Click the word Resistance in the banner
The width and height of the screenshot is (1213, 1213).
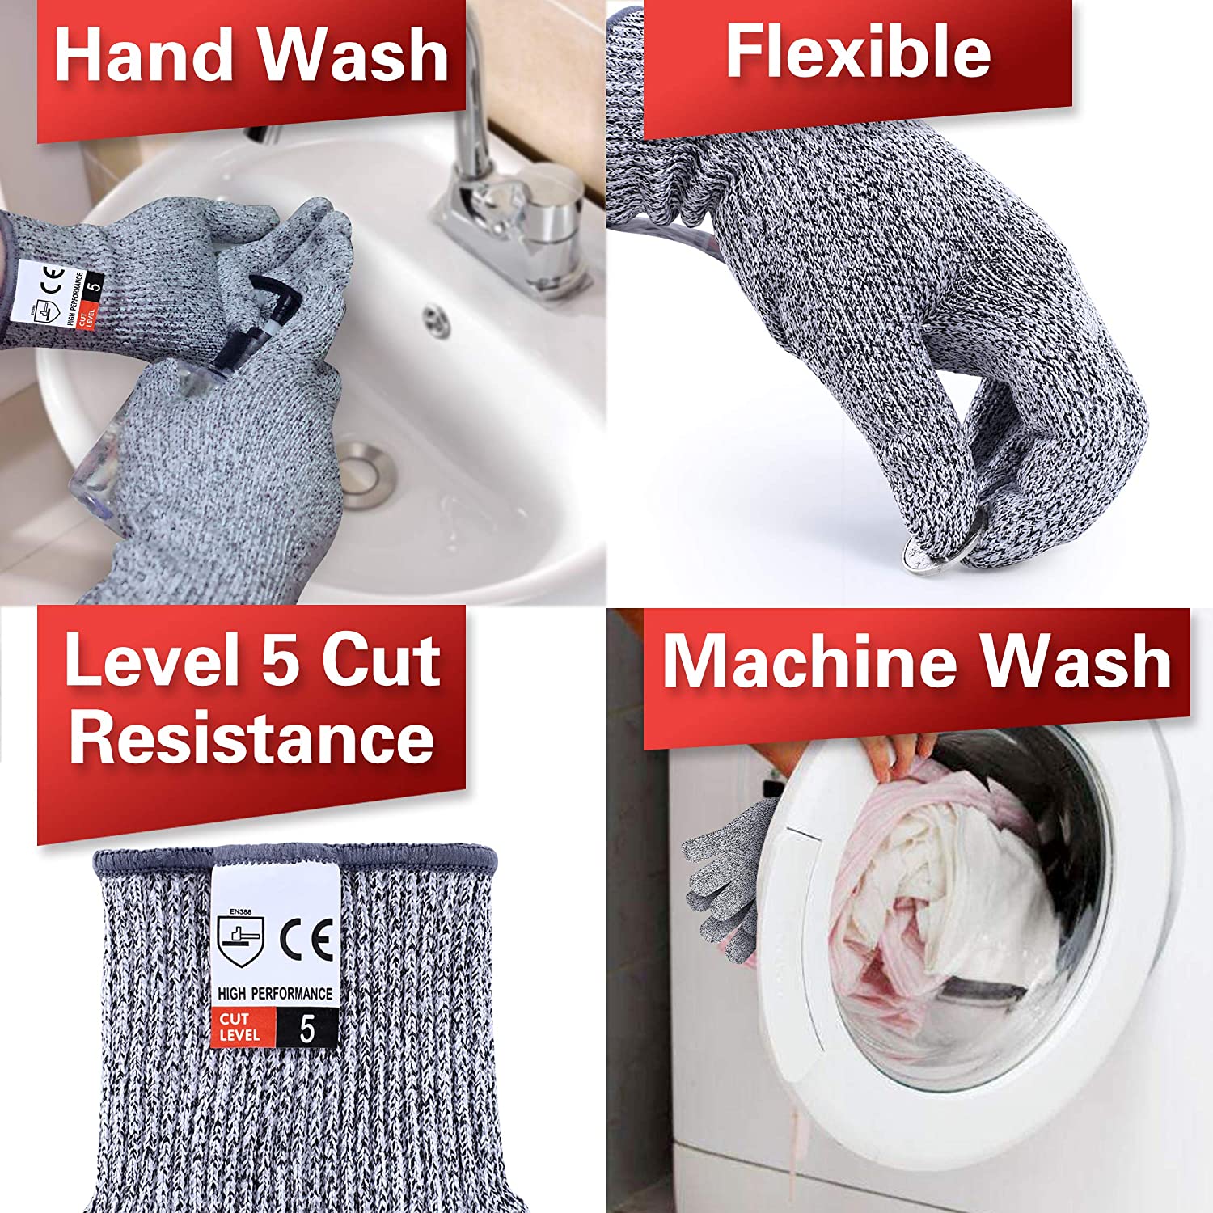click(x=251, y=738)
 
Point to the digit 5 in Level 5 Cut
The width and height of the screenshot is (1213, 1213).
click(x=280, y=661)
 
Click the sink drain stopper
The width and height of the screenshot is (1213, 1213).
click(x=368, y=473)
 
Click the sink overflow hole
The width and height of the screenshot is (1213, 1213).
click(x=437, y=320)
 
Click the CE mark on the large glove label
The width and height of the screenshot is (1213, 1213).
click(x=307, y=940)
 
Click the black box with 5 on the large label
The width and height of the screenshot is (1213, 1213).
click(x=307, y=1029)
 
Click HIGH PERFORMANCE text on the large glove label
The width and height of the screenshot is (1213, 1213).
click(x=275, y=992)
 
